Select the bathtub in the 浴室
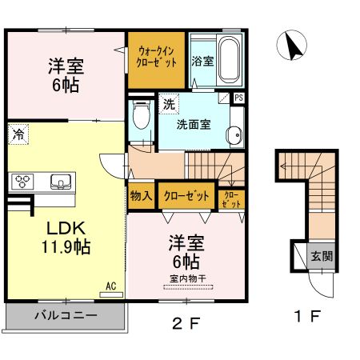[x=229, y=61]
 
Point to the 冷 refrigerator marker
[x=17, y=135]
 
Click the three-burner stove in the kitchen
[x=22, y=181]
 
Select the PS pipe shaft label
[x=238, y=98]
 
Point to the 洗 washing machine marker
[x=169, y=105]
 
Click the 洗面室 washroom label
[x=193, y=125]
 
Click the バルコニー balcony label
[x=66, y=316]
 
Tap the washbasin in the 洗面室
[x=234, y=135]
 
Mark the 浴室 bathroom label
[x=202, y=61]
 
